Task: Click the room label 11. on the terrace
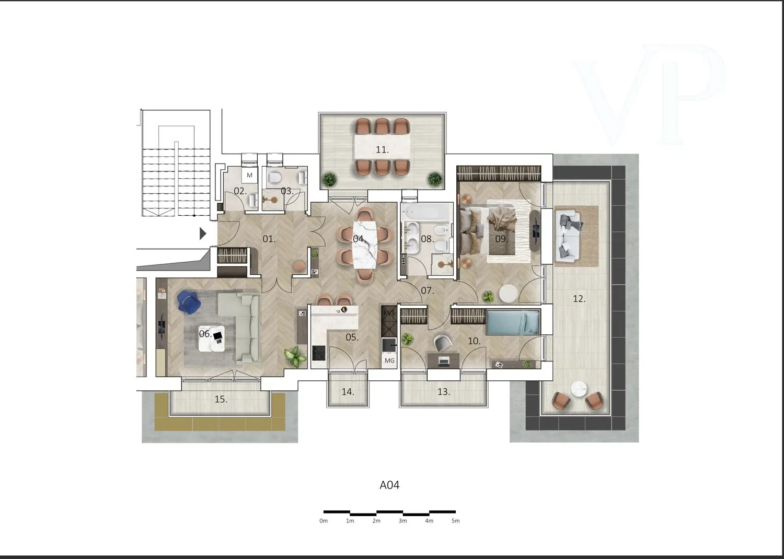coord(382,150)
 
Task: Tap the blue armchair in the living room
coord(189,302)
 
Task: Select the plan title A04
coord(389,485)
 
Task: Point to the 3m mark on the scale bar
coord(403,521)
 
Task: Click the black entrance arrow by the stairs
coord(203,234)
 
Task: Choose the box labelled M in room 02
coord(249,175)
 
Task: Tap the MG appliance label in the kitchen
coord(389,360)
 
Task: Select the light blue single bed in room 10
coord(512,323)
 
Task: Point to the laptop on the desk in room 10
coord(444,360)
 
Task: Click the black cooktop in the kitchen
coord(319,353)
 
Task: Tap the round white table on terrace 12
coord(579,389)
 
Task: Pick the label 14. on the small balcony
coord(348,392)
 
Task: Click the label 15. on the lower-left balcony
coord(221,399)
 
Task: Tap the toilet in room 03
coord(274,178)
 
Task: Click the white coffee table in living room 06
coord(211,339)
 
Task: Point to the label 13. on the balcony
coord(444,392)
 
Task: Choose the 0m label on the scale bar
coord(324,521)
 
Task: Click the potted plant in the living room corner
coord(295,357)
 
